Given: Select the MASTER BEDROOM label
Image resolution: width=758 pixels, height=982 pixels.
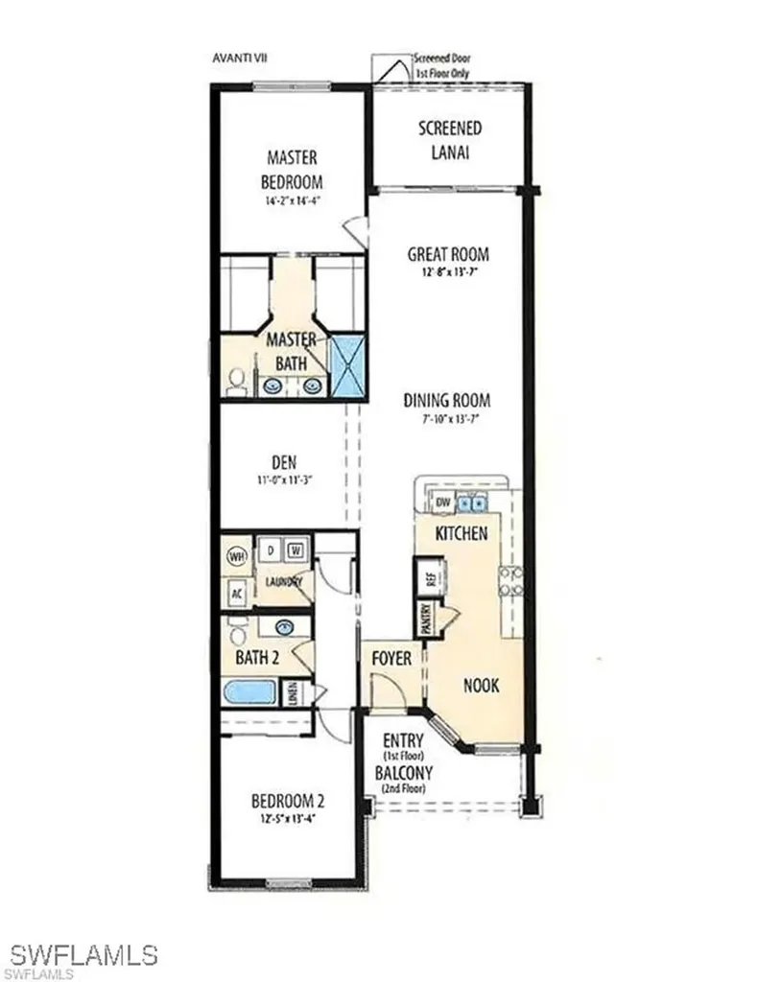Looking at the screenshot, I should (x=292, y=170).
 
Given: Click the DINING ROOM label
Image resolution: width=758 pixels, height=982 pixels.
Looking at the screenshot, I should (x=447, y=401).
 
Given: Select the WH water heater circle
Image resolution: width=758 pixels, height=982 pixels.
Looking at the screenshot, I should (x=235, y=555).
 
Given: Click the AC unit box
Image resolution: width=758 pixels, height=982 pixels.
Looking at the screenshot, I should (x=236, y=593).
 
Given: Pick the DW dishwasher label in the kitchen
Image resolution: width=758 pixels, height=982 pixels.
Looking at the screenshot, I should (x=443, y=503).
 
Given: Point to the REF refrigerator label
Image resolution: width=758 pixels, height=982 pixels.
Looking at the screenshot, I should (x=431, y=579).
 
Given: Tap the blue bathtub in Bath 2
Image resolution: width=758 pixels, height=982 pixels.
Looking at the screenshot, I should (x=251, y=692).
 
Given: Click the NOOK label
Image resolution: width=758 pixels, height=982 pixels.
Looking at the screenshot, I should (x=481, y=687).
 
